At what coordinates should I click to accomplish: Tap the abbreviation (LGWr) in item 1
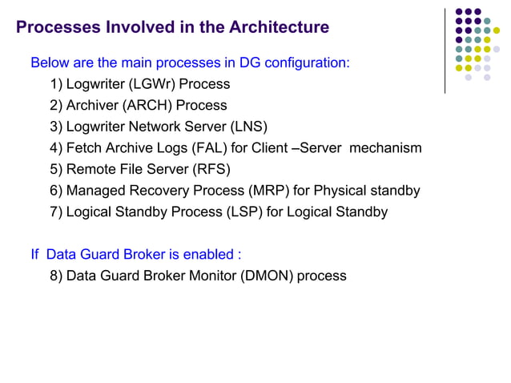tap(153, 84)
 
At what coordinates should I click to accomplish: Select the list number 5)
tap(56, 169)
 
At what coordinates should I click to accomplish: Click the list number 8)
tap(56, 276)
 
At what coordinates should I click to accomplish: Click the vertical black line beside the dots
tap(445, 50)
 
